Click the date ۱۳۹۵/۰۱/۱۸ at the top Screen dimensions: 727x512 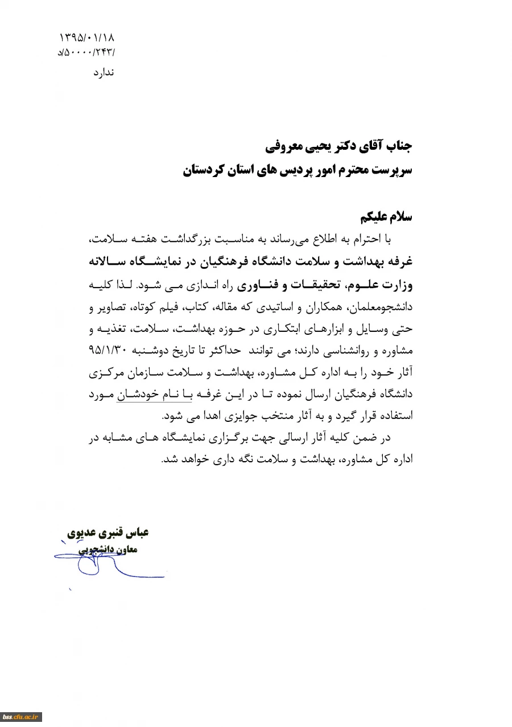[86, 39]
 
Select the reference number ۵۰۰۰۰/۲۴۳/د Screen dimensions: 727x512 [86, 54]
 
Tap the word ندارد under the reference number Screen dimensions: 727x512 [104, 73]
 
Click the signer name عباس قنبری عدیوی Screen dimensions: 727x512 [109, 534]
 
